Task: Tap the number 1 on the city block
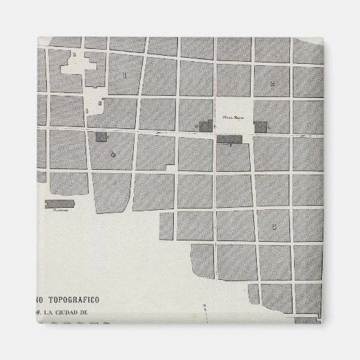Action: click(x=124, y=75)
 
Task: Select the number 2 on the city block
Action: click(x=272, y=84)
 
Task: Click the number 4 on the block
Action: click(x=113, y=154)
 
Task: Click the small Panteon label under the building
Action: click(x=57, y=210)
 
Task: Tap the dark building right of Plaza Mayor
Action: click(x=261, y=126)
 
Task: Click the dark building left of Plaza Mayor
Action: click(x=205, y=126)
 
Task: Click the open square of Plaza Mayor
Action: click(x=234, y=109)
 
